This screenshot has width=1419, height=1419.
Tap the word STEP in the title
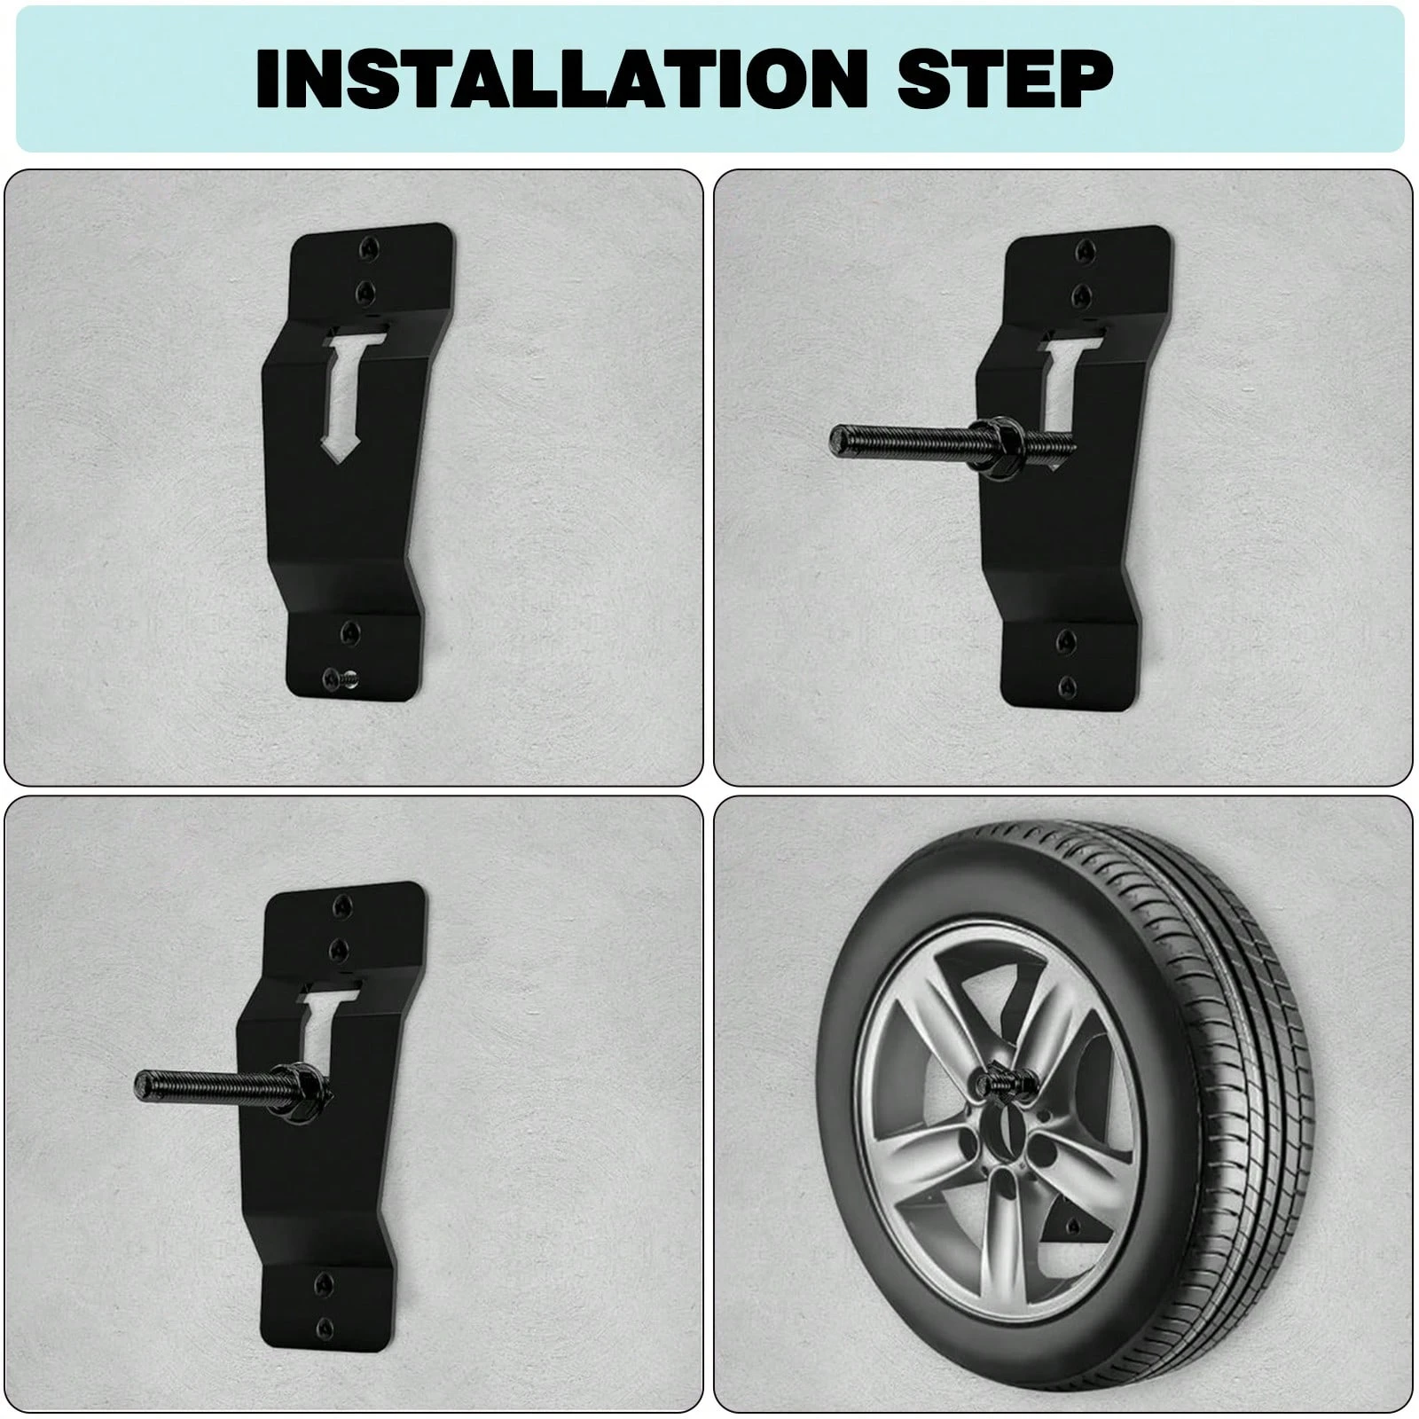(1006, 78)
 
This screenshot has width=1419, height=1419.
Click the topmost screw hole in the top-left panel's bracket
(369, 252)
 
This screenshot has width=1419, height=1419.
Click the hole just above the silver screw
(349, 631)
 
